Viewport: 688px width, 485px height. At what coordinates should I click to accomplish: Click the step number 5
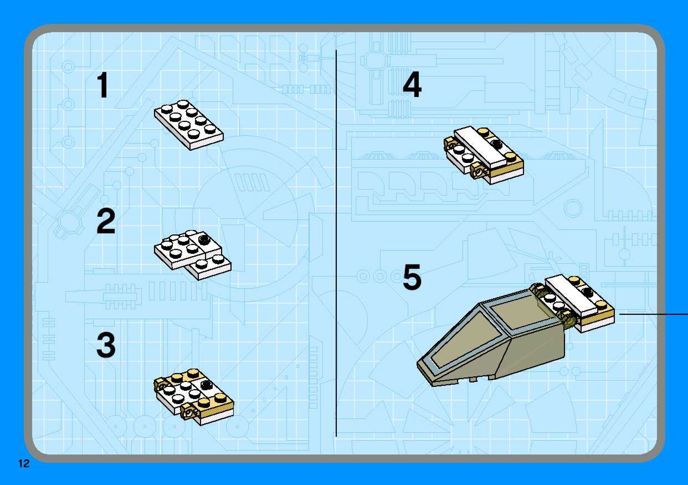click(x=412, y=277)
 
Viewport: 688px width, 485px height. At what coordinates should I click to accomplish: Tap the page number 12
click(x=24, y=463)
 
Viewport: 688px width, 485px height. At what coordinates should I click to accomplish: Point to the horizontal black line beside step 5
click(x=654, y=314)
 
